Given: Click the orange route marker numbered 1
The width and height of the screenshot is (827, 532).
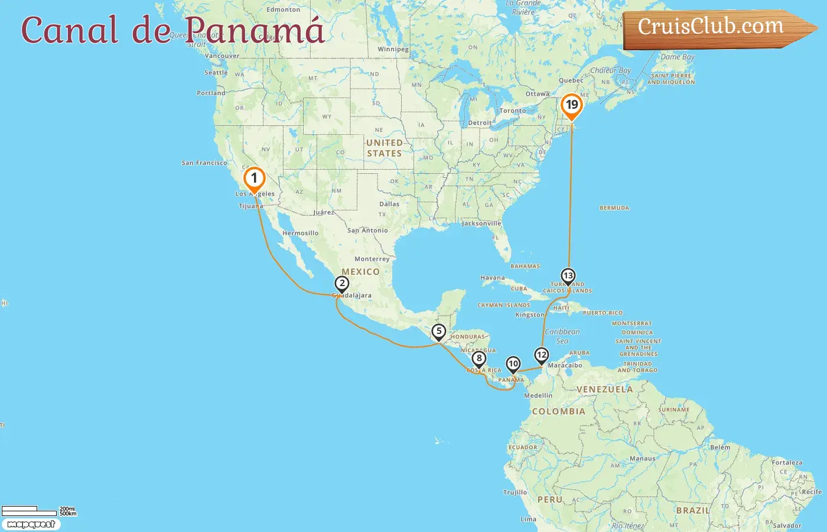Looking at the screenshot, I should pyautogui.click(x=254, y=178).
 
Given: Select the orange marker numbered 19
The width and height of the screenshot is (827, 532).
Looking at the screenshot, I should pyautogui.click(x=571, y=106).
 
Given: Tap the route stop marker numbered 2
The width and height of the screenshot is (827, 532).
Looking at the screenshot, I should pyautogui.click(x=341, y=284).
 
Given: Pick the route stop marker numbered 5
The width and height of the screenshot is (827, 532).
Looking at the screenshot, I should pyautogui.click(x=438, y=332).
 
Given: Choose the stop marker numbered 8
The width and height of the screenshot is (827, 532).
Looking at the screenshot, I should pyautogui.click(x=478, y=358).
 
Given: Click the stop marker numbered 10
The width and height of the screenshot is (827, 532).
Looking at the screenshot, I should pyautogui.click(x=513, y=364).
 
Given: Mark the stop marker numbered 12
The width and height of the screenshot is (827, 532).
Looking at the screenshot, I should pyautogui.click(x=541, y=355).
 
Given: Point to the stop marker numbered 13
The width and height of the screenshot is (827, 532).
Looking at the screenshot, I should pyautogui.click(x=568, y=276).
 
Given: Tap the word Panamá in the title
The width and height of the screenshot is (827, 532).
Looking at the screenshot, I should pyautogui.click(x=254, y=30).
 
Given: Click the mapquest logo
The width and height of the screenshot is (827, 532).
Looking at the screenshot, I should pyautogui.click(x=31, y=524).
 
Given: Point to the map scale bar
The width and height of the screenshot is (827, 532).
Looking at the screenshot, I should pyautogui.click(x=30, y=511).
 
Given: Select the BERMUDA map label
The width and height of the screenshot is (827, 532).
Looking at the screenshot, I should pyautogui.click(x=614, y=208).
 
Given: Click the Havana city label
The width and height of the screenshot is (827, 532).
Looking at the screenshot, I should pyautogui.click(x=493, y=278).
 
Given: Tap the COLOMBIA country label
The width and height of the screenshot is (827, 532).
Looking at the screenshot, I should pyautogui.click(x=558, y=411).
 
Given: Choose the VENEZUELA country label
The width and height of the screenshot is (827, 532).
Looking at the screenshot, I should pyautogui.click(x=604, y=390).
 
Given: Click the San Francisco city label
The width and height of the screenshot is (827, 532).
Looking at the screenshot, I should pyautogui.click(x=204, y=163).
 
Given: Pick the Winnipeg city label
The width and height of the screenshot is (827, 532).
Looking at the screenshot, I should pyautogui.click(x=393, y=50).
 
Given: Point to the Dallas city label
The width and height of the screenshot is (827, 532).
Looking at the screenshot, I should pyautogui.click(x=389, y=204).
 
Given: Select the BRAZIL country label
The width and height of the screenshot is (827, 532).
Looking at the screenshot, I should pyautogui.click(x=693, y=510).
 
